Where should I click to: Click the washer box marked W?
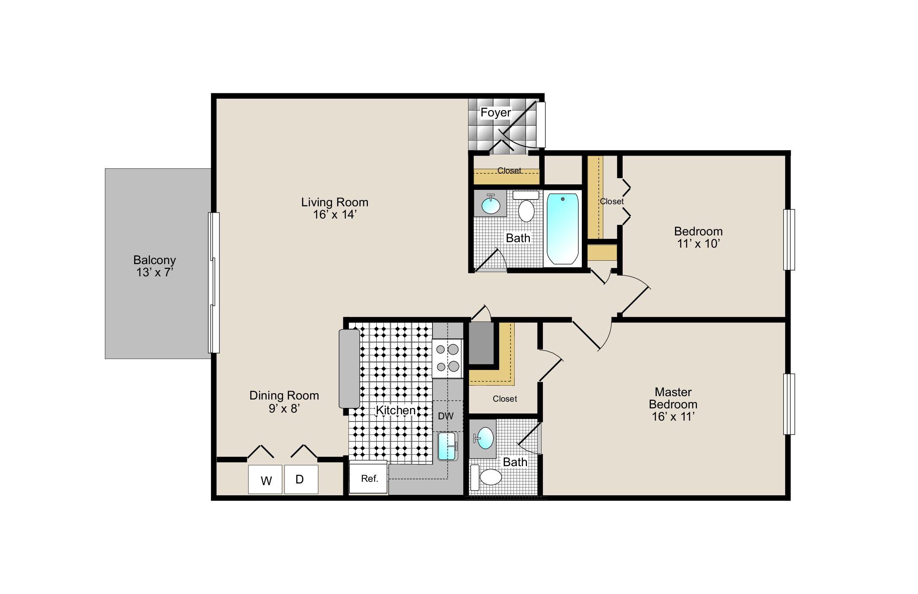[265, 479]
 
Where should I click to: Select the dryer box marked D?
[301, 479]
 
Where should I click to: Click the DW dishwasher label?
[445, 416]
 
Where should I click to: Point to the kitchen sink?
[447, 446]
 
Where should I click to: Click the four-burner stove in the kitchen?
[448, 358]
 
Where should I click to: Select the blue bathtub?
[563, 229]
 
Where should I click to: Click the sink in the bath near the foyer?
[491, 204]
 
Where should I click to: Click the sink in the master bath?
[484, 438]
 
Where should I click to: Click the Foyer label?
[496, 113]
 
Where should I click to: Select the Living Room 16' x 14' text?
[335, 208]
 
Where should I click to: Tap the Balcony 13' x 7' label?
[154, 266]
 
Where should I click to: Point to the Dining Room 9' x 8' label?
[284, 402]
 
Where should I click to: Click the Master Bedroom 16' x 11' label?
[673, 404]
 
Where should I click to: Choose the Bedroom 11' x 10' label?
[698, 237]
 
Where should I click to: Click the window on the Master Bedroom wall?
[789, 404]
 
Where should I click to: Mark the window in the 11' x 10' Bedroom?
[789, 240]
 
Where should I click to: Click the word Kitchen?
[395, 410]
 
